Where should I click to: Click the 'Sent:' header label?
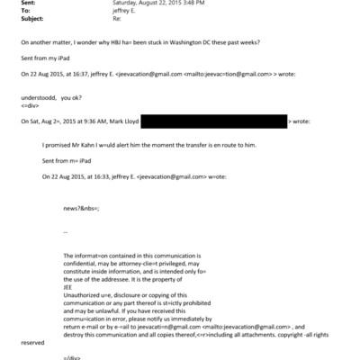(x=29, y=4)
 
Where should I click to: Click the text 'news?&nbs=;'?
(x=82, y=207)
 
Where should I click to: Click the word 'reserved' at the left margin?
(x=31, y=343)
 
